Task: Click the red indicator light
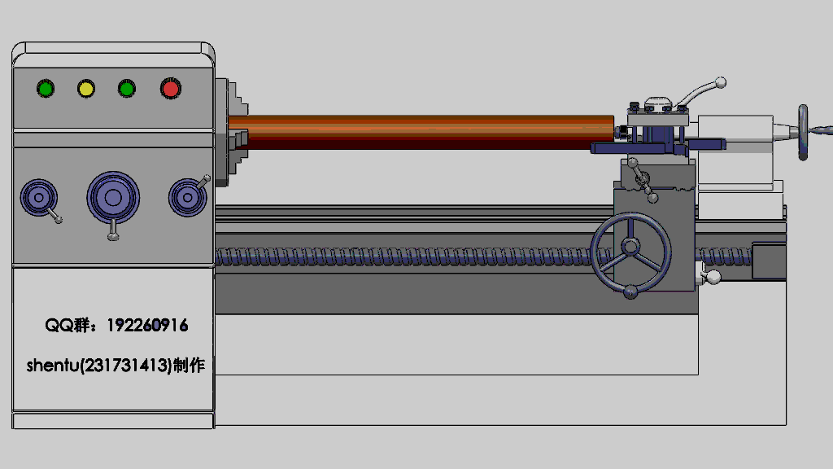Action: (171, 89)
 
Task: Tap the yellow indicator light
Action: (86, 88)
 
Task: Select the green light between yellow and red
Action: (126, 88)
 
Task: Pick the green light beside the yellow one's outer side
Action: (46, 88)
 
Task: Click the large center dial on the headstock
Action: (113, 198)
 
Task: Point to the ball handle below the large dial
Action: (113, 236)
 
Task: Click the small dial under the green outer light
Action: (39, 198)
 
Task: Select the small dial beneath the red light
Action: (188, 198)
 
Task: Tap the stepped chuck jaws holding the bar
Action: (238, 134)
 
